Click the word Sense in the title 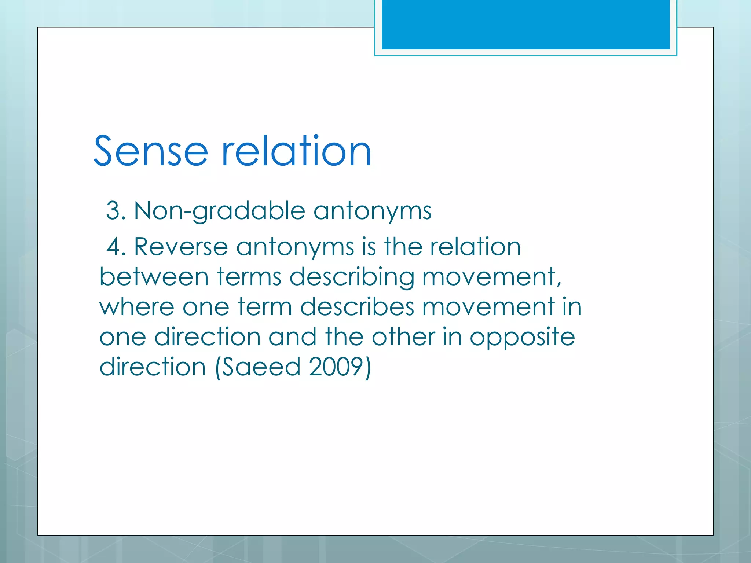(x=151, y=151)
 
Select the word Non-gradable (x=219, y=212)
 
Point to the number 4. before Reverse (x=116, y=247)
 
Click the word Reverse (x=180, y=247)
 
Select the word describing (x=352, y=277)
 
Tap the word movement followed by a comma (x=491, y=277)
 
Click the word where (x=136, y=307)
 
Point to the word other (x=403, y=337)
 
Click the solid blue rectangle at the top (x=525, y=24)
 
